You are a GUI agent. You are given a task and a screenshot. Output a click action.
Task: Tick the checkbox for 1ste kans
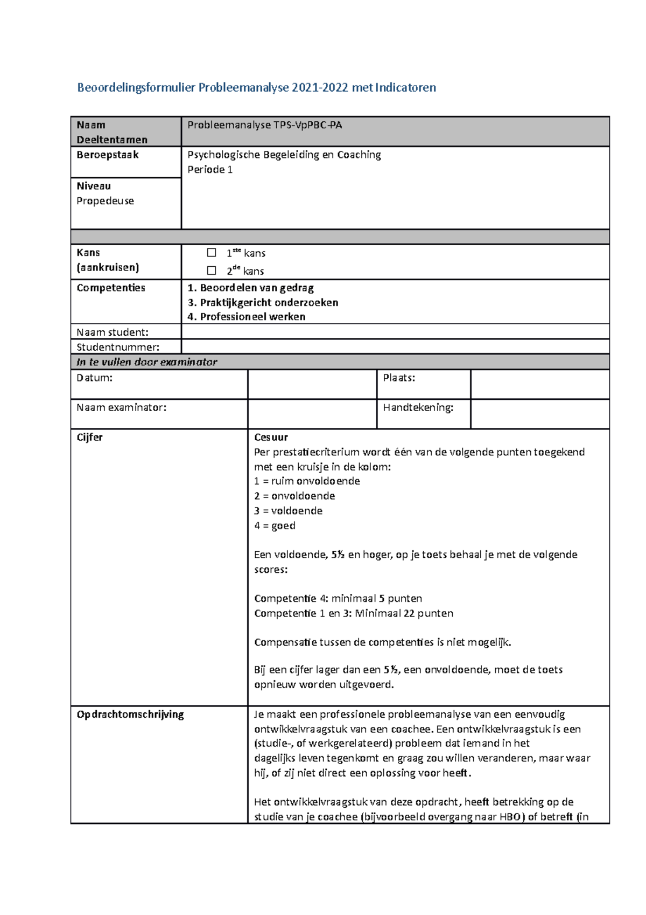pyautogui.click(x=212, y=252)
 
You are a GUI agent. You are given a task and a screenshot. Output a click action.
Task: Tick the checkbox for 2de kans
pyautogui.click(x=212, y=270)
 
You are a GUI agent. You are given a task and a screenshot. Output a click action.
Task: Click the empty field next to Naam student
pyautogui.click(x=395, y=331)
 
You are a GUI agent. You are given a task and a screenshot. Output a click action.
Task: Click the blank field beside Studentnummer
pyautogui.click(x=395, y=346)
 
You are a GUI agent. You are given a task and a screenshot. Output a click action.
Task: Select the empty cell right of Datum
pyautogui.click(x=312, y=384)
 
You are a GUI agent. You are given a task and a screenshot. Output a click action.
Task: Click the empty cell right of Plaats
pyautogui.click(x=539, y=384)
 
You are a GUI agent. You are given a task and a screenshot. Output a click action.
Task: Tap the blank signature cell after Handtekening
pyautogui.click(x=539, y=414)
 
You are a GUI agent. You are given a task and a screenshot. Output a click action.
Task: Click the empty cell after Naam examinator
pyautogui.click(x=312, y=414)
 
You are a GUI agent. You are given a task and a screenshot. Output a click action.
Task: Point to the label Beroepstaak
pyautogui.click(x=108, y=155)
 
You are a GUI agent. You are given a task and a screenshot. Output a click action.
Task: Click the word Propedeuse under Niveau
pyautogui.click(x=105, y=201)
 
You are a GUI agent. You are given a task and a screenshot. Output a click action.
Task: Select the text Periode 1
pyautogui.click(x=210, y=170)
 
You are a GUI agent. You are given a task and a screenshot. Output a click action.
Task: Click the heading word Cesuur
pyautogui.click(x=271, y=437)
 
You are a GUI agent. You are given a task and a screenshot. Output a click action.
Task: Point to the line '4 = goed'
pyautogui.click(x=275, y=525)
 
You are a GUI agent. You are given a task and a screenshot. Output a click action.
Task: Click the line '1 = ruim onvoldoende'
pyautogui.click(x=307, y=481)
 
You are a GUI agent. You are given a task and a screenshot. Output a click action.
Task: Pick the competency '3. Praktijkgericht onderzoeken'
pyautogui.click(x=263, y=302)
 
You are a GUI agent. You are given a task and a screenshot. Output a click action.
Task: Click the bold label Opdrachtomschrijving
pyautogui.click(x=130, y=714)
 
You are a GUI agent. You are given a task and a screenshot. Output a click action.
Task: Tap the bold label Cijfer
pyautogui.click(x=89, y=437)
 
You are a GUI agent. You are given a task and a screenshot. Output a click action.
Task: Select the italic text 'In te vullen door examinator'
pyautogui.click(x=146, y=362)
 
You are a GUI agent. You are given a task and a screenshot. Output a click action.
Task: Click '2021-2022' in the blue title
pyautogui.click(x=320, y=87)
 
